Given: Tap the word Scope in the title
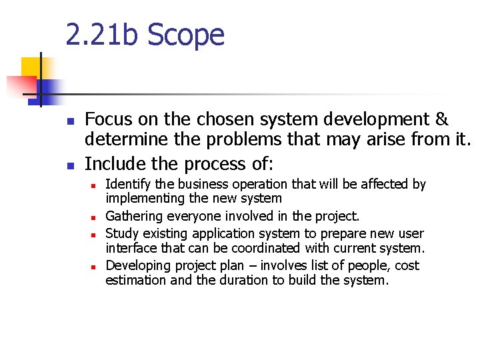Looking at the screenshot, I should [186, 35].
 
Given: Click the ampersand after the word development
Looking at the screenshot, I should [441, 120].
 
